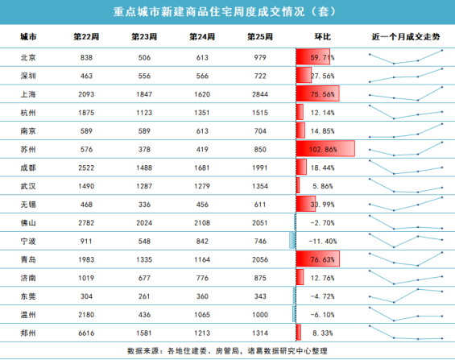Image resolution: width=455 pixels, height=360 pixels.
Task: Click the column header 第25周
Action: click(260, 37)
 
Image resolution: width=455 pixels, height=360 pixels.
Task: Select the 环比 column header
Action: click(323, 37)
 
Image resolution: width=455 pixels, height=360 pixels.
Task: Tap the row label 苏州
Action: click(28, 149)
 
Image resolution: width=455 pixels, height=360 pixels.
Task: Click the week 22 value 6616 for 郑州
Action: click(86, 333)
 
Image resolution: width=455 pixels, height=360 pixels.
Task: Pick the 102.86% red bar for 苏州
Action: click(325, 149)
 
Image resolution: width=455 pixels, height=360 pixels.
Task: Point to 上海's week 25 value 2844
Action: click(260, 94)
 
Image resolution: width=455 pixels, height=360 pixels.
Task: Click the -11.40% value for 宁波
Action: click(323, 242)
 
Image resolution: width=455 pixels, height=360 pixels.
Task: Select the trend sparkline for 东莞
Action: click(406, 296)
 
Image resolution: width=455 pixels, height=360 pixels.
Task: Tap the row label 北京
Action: click(28, 57)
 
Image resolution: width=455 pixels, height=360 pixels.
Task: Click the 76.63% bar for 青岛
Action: click(318, 259)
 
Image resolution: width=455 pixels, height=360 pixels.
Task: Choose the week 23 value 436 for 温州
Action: click(144, 315)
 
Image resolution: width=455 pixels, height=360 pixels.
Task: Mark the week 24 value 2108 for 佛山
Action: click(202, 223)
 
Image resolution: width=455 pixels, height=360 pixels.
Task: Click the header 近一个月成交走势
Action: click(406, 37)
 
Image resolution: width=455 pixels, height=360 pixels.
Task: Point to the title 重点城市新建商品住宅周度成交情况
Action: click(209, 12)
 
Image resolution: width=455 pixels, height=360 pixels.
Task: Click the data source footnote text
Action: click(227, 351)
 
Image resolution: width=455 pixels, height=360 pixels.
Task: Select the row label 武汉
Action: click(28, 186)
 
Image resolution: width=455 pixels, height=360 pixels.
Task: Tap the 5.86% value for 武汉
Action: click(323, 186)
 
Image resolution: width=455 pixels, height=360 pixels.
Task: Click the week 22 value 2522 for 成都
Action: click(86, 168)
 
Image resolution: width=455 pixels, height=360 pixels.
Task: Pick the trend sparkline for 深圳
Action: click(406, 76)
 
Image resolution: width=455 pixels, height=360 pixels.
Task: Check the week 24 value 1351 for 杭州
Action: click(202, 113)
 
